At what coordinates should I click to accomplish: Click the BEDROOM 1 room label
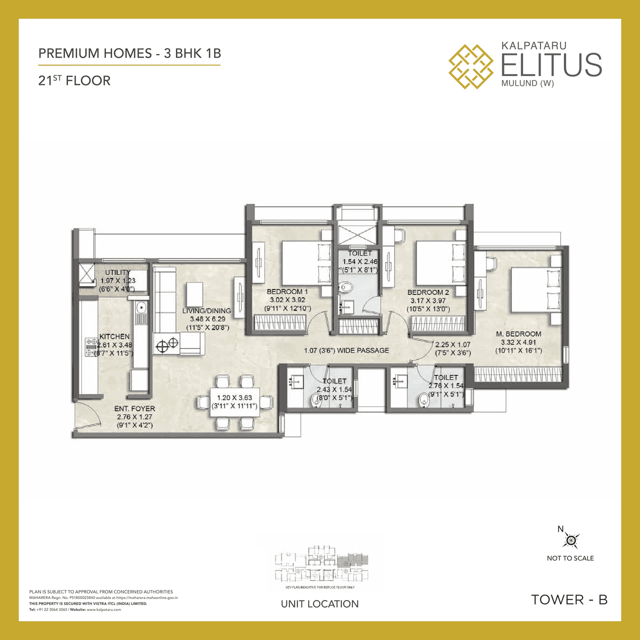tap(287, 291)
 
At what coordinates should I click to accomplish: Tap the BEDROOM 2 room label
tap(428, 292)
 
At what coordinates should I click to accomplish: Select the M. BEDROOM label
tap(518, 334)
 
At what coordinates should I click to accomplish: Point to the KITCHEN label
tap(114, 336)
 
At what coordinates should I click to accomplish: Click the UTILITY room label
tap(117, 272)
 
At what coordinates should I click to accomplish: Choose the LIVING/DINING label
tap(206, 310)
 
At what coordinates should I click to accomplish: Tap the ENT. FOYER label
tap(134, 408)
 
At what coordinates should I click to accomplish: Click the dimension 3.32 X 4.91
tap(518, 342)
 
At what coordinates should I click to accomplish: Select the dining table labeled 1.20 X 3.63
tap(234, 401)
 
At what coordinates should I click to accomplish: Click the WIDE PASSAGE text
tap(363, 350)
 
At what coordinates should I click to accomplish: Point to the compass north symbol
tap(571, 540)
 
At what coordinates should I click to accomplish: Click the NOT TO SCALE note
tap(570, 558)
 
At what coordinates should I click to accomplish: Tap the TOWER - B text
tap(569, 599)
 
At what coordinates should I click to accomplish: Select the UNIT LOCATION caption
tap(319, 604)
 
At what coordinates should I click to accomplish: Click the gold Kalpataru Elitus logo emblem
tap(470, 66)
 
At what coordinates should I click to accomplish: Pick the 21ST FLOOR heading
tap(74, 80)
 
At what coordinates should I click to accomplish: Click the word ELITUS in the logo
tap(551, 65)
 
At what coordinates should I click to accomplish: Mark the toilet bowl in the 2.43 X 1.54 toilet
tap(316, 400)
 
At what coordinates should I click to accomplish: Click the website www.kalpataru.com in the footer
tap(104, 609)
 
